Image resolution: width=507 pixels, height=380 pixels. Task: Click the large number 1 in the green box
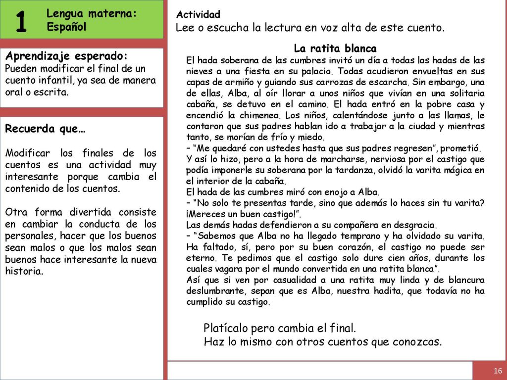[21, 21]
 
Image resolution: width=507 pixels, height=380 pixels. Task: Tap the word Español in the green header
[66, 27]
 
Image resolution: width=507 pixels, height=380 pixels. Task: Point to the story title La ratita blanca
[335, 48]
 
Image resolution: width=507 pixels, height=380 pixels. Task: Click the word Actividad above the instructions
[198, 15]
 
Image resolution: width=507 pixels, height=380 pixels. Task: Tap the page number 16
[498, 371]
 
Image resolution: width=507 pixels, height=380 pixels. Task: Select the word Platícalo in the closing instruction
[226, 329]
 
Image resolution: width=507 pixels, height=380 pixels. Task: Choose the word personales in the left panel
[28, 236]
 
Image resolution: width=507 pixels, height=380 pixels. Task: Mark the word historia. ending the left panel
[24, 271]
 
